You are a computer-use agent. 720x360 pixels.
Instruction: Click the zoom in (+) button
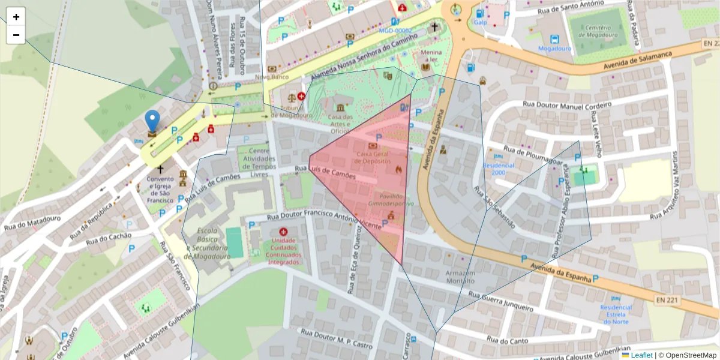point(16,17)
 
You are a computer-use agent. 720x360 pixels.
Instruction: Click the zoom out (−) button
point(16,35)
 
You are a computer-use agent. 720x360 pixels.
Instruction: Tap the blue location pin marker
point(153,121)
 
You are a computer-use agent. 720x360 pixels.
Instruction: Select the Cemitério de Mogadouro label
point(598,31)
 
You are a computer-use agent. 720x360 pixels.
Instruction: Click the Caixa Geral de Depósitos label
point(373,157)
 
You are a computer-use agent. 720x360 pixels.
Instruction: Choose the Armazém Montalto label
point(460,277)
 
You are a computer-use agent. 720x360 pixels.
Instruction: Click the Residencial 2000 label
point(499,169)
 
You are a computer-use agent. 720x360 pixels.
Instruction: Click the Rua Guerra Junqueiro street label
point(500,301)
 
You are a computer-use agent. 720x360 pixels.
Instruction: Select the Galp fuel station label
point(480,22)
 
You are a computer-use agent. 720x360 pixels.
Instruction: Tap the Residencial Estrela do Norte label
point(616,314)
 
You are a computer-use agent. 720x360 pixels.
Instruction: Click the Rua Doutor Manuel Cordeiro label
point(567,108)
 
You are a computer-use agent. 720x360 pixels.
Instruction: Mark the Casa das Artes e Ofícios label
point(340,124)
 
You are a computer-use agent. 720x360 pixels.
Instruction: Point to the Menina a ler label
point(430,56)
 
